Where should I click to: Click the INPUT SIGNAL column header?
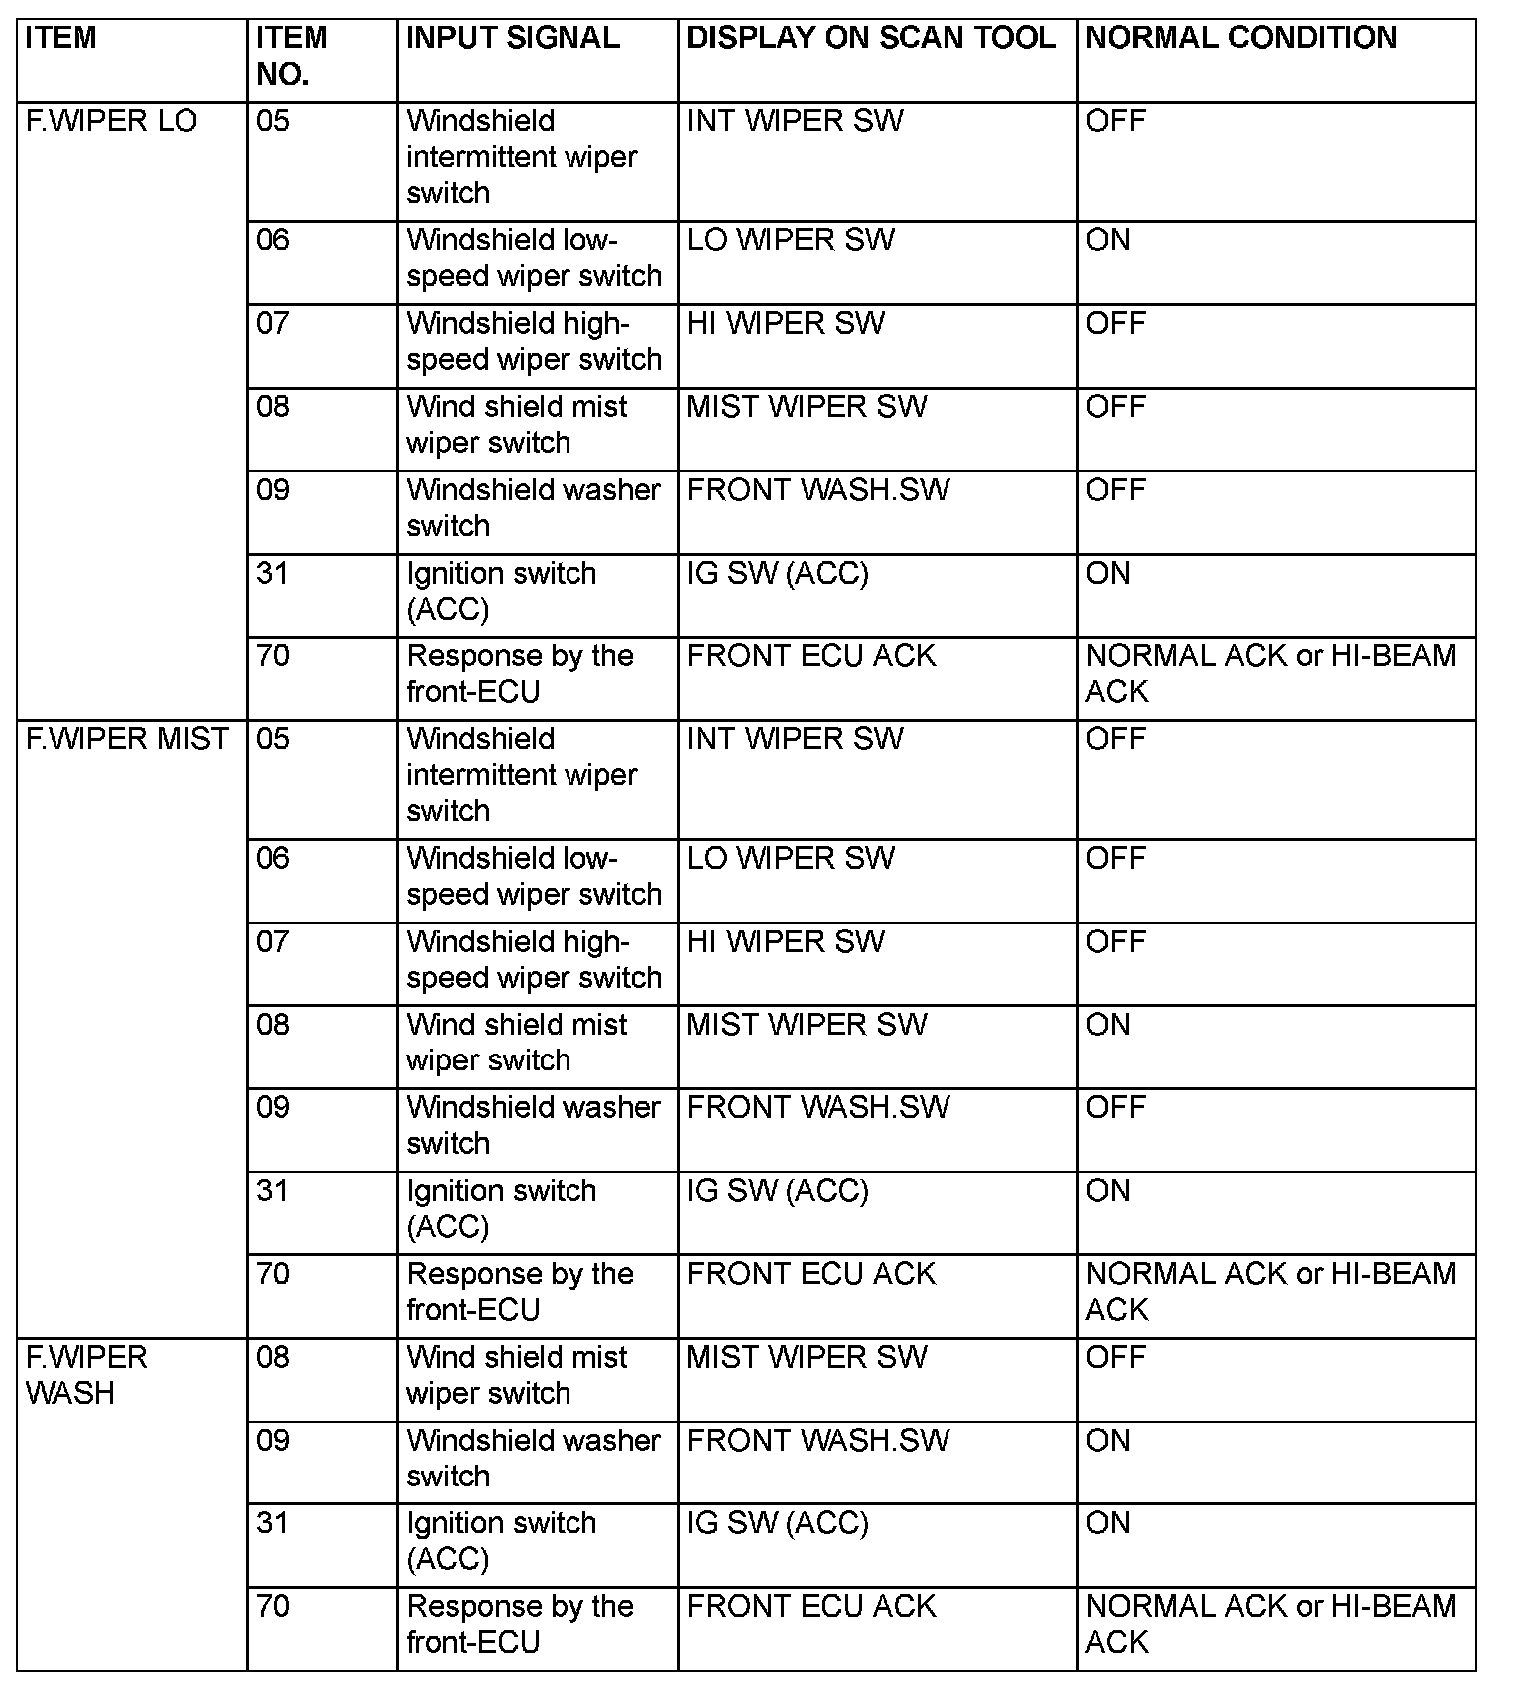[x=513, y=38]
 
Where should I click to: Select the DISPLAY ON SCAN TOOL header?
[x=871, y=38]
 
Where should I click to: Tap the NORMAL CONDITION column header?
[x=1241, y=38]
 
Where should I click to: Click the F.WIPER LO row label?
[x=111, y=121]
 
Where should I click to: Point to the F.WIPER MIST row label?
[x=127, y=739]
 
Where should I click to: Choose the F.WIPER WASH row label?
[x=86, y=1375]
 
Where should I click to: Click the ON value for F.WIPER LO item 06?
[x=1108, y=240]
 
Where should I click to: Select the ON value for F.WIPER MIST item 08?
[x=1108, y=1025]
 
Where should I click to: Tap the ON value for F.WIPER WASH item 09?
[x=1108, y=1440]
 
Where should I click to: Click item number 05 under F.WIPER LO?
[x=272, y=121]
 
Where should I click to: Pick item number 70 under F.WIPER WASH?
[x=272, y=1606]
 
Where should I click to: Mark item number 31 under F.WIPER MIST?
[x=272, y=1190]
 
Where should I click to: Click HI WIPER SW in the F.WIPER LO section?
[x=785, y=323]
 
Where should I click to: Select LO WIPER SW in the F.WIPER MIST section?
[x=790, y=858]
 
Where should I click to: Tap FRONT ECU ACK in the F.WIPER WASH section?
[x=811, y=1606]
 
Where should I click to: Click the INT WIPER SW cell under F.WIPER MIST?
[x=794, y=739]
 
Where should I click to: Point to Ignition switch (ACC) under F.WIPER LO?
[x=501, y=591]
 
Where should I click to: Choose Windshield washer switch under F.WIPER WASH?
[x=533, y=1458]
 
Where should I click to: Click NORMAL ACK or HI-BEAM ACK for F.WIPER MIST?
[x=1270, y=1291]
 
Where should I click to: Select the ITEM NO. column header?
[x=291, y=56]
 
